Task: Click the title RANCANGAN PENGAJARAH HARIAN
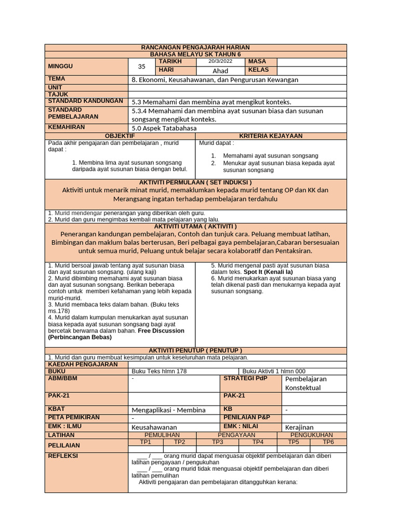pyautogui.click(x=195, y=47)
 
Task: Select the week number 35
pyautogui.click(x=142, y=66)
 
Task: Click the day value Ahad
pyautogui.click(x=220, y=71)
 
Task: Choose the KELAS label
pyautogui.click(x=259, y=70)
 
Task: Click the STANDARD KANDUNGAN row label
pyautogui.click(x=85, y=101)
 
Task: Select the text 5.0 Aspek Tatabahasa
pyautogui.click(x=164, y=128)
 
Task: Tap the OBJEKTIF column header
pyautogui.click(x=120, y=136)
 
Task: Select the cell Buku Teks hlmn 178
pyautogui.click(x=159, y=371)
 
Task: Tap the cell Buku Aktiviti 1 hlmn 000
pyautogui.click(x=274, y=371)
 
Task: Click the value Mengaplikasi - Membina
pyautogui.click(x=168, y=410)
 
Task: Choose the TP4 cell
pyautogui.click(x=258, y=442)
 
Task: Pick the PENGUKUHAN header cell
pyautogui.click(x=311, y=435)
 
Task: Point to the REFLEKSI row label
pyautogui.click(x=63, y=455)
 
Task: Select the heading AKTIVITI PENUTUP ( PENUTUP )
pyautogui.click(x=195, y=350)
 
